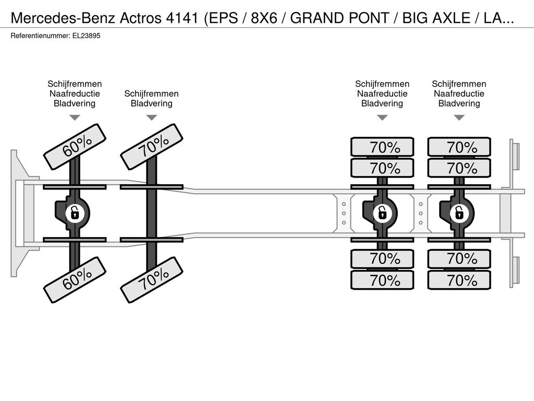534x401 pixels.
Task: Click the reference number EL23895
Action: tap(86, 36)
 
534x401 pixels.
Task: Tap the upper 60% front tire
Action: tap(75, 147)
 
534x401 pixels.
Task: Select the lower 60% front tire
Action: tap(75, 280)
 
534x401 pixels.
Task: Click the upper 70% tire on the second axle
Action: tap(152, 147)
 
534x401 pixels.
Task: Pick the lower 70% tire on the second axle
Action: tap(152, 280)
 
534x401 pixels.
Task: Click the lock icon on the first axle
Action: tap(74, 214)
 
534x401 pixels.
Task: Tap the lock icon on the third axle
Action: tap(382, 214)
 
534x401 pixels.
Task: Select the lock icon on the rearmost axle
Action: tap(459, 214)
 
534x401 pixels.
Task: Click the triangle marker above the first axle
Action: tap(75, 117)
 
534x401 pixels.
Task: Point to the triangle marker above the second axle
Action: tap(152, 117)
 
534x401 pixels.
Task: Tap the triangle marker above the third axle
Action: tap(382, 117)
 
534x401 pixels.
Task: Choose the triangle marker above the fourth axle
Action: tap(459, 117)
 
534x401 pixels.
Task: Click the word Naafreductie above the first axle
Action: tap(75, 94)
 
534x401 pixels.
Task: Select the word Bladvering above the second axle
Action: tap(152, 103)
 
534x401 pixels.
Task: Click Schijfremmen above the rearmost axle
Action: tap(459, 84)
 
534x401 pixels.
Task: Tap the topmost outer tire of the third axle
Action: tap(382, 147)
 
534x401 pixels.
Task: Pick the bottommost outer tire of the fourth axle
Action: tap(459, 280)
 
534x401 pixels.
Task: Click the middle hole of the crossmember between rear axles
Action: tap(421, 214)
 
